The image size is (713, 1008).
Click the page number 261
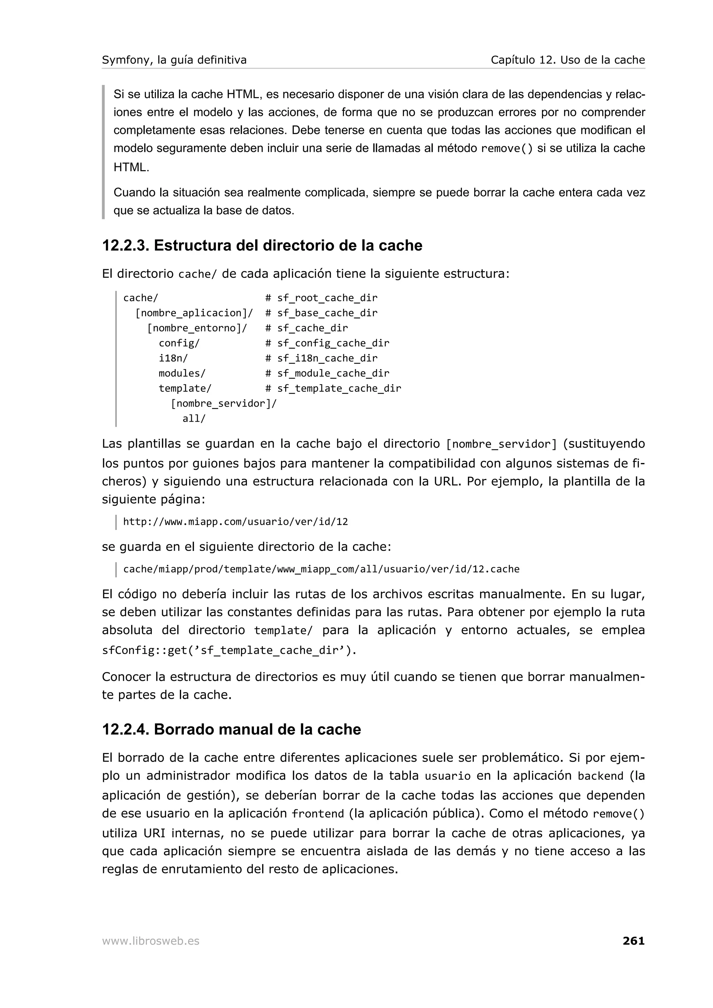click(x=633, y=941)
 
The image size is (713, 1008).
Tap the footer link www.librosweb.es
click(x=151, y=941)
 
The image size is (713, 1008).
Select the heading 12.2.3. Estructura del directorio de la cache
click(x=262, y=246)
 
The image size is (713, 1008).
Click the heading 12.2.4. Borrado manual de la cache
click(x=231, y=729)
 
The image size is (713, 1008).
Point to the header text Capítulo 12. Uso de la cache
click(x=567, y=60)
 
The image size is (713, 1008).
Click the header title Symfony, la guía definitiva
click(x=174, y=60)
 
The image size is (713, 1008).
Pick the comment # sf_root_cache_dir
click(x=321, y=298)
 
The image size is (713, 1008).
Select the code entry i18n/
click(x=173, y=358)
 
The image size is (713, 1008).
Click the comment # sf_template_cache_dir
click(x=333, y=388)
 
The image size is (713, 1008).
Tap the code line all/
click(x=194, y=418)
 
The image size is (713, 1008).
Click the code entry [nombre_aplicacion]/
click(x=194, y=313)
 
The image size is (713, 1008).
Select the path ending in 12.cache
click(x=321, y=569)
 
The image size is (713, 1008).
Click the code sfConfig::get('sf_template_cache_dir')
click(x=229, y=650)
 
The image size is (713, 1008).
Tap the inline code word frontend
click(x=318, y=814)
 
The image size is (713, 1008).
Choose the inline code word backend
click(x=600, y=776)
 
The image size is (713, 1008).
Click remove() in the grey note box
click(x=507, y=149)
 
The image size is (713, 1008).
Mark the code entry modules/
click(x=182, y=373)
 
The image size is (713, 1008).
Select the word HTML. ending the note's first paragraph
click(x=131, y=167)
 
